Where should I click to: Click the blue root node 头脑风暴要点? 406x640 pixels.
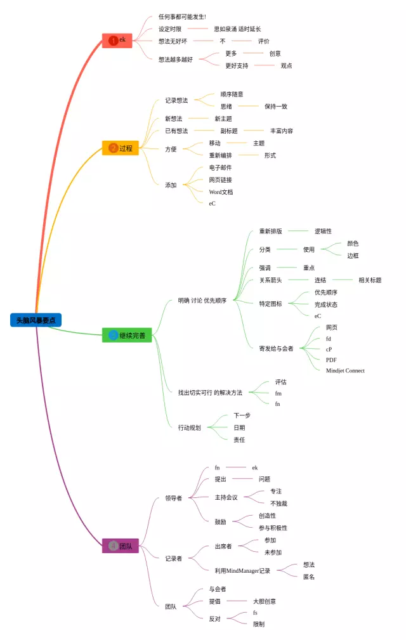coord(36,320)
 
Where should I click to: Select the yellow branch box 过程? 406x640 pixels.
coord(120,148)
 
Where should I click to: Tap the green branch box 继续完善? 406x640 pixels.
coord(127,336)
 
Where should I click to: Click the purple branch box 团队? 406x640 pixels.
coord(120,545)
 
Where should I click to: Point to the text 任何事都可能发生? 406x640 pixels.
coord(182,16)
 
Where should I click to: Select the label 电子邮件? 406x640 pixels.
coord(220,167)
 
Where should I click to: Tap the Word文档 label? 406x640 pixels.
coord(221,192)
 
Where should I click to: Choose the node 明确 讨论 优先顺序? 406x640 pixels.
coord(202,301)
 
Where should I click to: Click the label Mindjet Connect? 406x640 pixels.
coord(345,370)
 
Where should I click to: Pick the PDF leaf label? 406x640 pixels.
coord(331,360)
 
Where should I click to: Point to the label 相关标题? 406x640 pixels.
coord(370,280)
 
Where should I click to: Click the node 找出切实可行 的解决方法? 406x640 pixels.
coord(210,393)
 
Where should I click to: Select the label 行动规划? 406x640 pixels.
coord(189,428)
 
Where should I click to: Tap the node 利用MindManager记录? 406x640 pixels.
coord(242,571)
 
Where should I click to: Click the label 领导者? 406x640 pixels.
coord(173,498)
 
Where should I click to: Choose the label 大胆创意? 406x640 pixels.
coord(264,601)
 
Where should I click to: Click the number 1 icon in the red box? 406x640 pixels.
coord(113,41)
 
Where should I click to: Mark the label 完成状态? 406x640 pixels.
coord(326,304)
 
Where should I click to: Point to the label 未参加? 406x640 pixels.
coord(273,552)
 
